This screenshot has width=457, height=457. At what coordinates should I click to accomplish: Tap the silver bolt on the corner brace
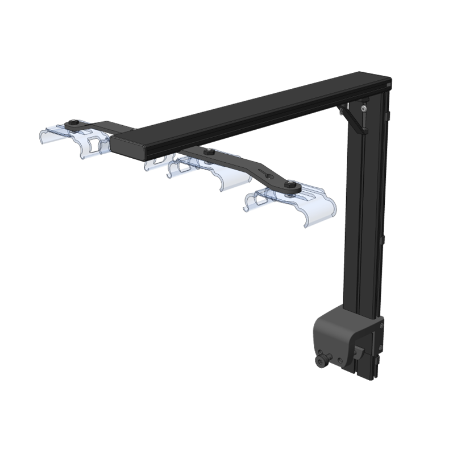pos(364,108)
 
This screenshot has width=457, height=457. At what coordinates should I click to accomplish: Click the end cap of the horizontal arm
pos(128,145)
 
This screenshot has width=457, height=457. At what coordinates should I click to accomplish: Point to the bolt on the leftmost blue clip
pos(73,123)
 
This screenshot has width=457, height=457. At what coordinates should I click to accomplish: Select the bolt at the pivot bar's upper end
pos(209,152)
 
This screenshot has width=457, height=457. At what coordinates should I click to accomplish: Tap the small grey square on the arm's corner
pos(388,84)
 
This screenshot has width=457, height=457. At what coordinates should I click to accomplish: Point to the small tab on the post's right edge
pos(388,116)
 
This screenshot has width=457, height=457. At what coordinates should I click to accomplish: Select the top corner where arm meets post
pos(375,83)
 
